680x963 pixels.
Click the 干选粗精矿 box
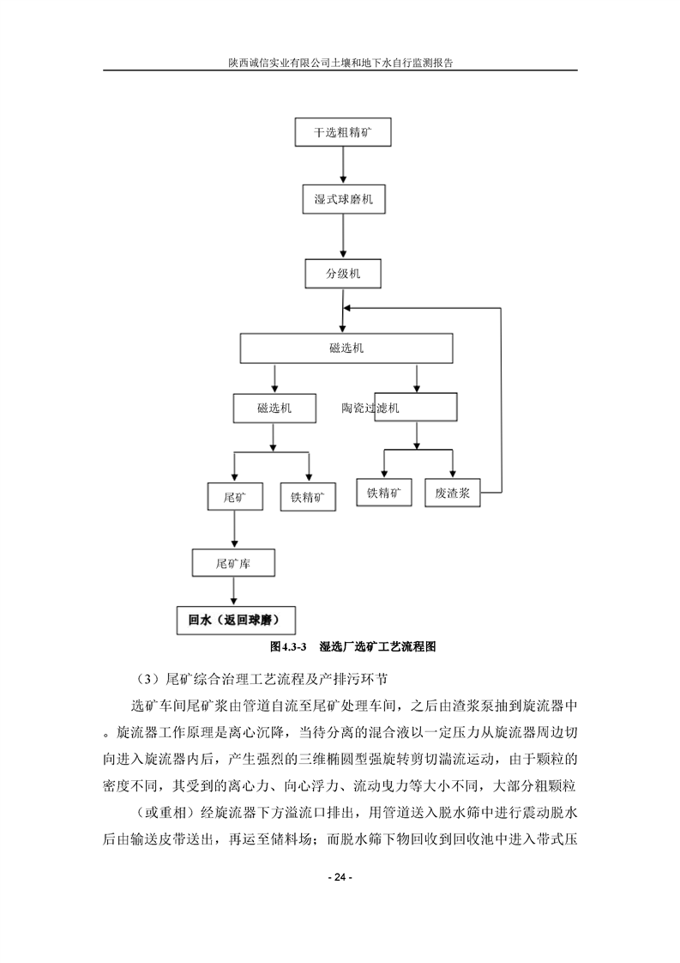pos(342,134)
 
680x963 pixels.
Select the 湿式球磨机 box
pos(343,200)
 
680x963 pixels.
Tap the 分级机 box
pos(343,274)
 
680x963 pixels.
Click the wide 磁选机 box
pos(346,348)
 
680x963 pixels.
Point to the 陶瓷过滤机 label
pos(370,409)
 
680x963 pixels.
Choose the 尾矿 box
pos(234,497)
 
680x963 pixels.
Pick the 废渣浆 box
pos(452,494)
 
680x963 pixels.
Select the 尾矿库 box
pos(233,563)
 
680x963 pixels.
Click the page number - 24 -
pos(340,878)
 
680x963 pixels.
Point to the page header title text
pos(340,63)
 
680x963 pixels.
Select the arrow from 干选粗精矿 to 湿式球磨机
pos(342,167)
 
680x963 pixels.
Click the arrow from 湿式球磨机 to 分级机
pos(343,235)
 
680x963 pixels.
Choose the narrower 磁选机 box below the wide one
pos(274,408)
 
